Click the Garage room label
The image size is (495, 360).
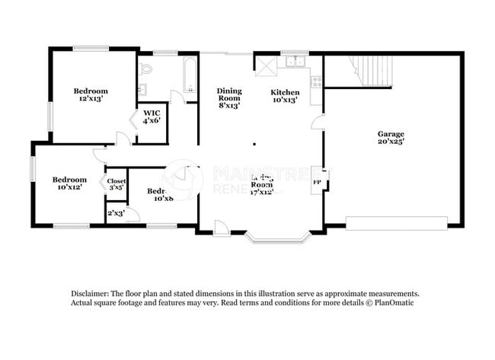coord(391,138)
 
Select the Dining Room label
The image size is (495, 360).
coord(228,97)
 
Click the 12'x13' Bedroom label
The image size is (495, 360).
coord(90,94)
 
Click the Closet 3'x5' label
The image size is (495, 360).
coord(117,183)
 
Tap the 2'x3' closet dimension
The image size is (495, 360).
coord(117,214)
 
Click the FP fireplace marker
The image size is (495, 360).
coord(318,183)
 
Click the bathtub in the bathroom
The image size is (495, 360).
coord(189,76)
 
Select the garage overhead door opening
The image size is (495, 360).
coord(396,223)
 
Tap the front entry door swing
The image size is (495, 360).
coord(221,228)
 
